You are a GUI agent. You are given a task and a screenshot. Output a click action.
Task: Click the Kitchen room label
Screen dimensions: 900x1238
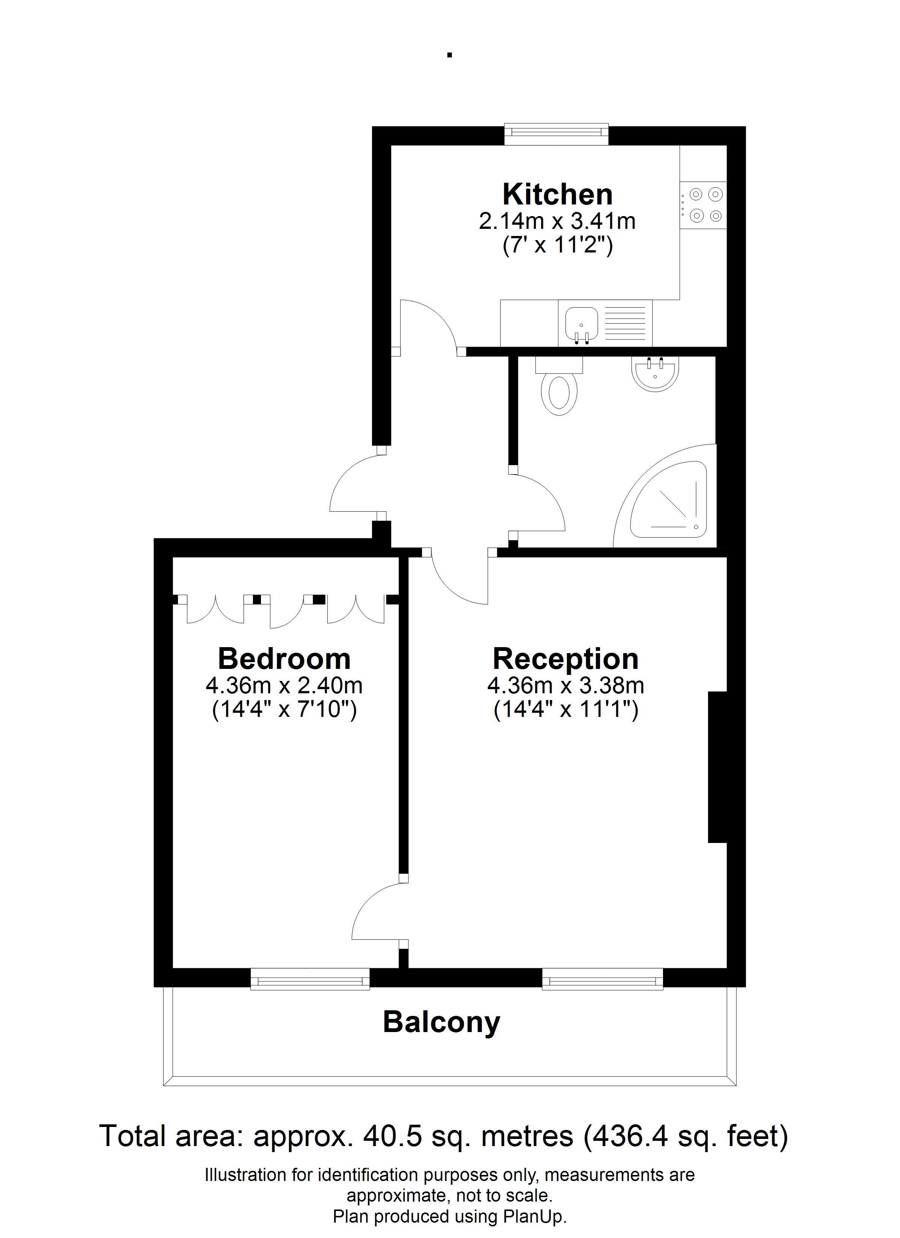[x=557, y=194]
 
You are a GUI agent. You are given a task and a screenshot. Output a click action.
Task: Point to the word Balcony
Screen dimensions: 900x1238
[x=441, y=1023]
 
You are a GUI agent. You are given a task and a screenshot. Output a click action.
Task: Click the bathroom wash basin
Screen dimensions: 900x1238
[x=655, y=373]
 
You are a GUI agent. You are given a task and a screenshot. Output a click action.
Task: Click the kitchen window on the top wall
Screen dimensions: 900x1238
[x=556, y=134]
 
